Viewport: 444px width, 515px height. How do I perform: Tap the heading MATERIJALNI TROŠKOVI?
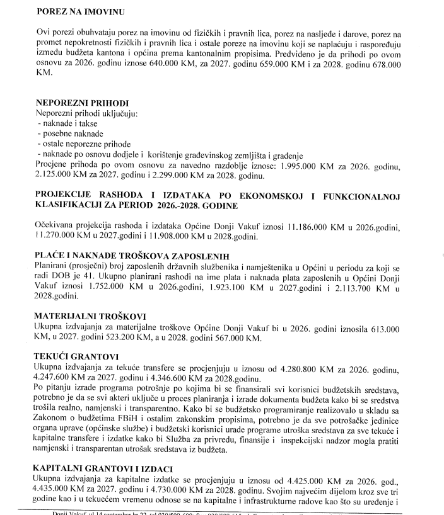tap(86, 319)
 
